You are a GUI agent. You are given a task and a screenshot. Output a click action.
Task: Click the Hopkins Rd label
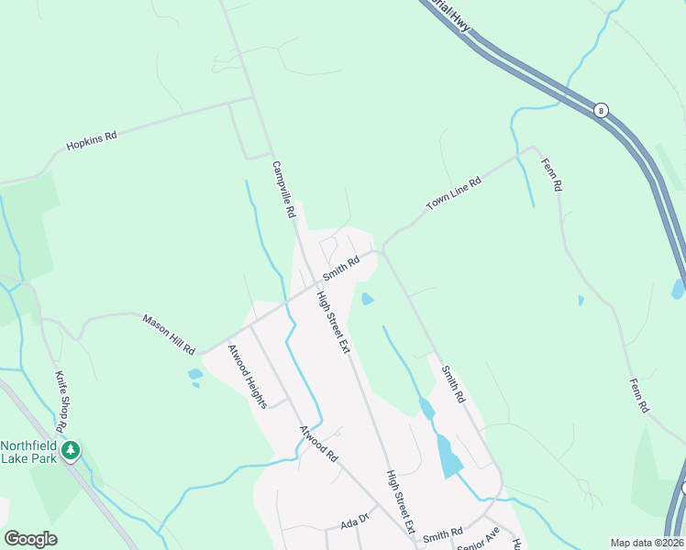92,141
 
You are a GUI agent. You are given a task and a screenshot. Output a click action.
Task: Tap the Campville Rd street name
283,189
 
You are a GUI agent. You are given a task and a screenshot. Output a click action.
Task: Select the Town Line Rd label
453,194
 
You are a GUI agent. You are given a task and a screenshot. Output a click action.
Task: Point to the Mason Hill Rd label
169,334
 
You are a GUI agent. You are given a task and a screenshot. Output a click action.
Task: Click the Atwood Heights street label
247,376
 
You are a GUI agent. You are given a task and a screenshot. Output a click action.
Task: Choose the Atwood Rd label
319,443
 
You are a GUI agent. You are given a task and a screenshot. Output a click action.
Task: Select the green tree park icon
72,450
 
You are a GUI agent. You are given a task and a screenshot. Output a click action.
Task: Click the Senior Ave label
479,536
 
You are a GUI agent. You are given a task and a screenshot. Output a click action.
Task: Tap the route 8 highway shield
601,110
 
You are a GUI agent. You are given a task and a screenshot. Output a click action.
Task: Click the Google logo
30,539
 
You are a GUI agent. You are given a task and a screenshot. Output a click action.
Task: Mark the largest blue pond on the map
449,456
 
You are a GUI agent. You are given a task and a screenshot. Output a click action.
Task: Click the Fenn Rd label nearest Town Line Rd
550,174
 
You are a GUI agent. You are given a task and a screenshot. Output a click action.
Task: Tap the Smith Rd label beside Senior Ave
443,533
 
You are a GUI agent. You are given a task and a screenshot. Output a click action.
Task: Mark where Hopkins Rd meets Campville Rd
252,96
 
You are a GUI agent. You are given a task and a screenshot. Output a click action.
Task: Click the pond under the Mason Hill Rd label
194,374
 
